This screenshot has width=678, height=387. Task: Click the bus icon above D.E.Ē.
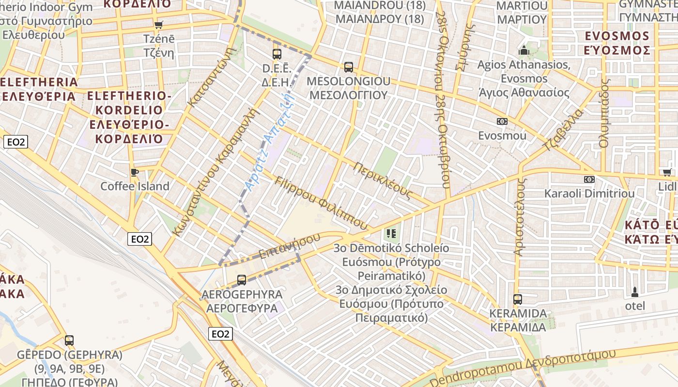(277, 54)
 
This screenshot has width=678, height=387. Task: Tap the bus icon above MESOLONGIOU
(348, 67)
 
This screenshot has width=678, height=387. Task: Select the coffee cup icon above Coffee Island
(135, 172)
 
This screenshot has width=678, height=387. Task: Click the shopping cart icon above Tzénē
(158, 25)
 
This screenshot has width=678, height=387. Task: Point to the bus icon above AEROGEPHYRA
(242, 280)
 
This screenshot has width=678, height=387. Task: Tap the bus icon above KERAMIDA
(518, 299)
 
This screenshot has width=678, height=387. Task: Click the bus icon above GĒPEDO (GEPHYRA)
(69, 341)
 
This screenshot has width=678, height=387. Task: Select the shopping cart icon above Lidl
(667, 172)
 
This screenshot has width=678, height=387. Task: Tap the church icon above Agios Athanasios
(524, 50)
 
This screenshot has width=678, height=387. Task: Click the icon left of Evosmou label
(502, 121)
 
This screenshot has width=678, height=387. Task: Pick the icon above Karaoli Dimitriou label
(589, 179)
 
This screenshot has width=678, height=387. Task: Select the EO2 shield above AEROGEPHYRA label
(140, 238)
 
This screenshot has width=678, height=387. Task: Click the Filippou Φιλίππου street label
(321, 203)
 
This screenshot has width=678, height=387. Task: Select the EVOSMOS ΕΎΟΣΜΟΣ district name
(616, 43)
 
